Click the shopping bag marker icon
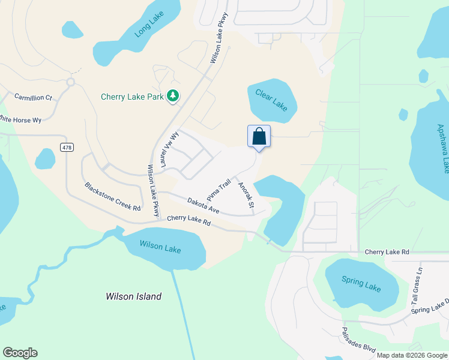click(259, 136)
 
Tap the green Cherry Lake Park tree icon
click(173, 96)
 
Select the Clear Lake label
click(271, 99)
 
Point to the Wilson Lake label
click(160, 245)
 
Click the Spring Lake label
click(361, 284)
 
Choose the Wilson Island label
click(133, 296)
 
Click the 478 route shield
click(67, 147)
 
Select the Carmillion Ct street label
click(34, 97)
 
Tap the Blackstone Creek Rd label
click(112, 196)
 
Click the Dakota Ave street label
click(203, 206)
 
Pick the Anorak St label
click(247, 196)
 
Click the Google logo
click(20, 353)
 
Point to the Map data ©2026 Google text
click(411, 355)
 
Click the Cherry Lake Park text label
click(133, 97)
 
